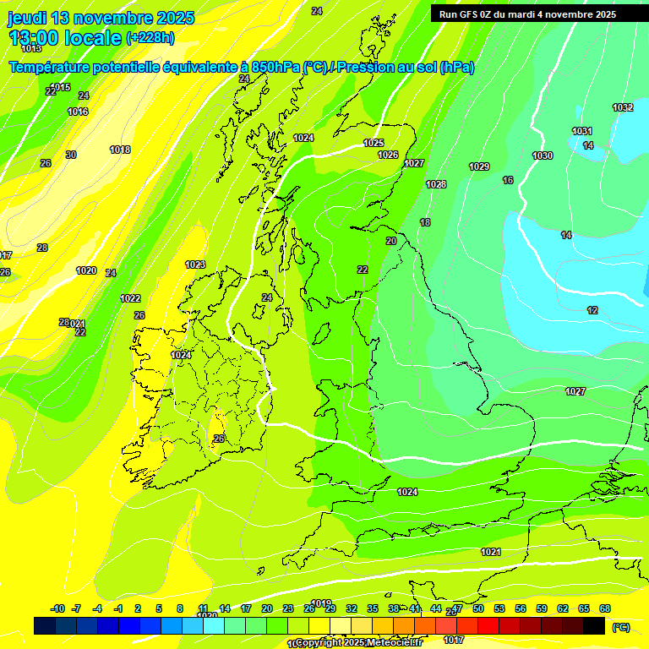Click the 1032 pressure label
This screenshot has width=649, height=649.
point(623,107)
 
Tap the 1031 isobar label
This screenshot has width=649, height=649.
point(582,131)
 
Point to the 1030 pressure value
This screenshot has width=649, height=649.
point(543,155)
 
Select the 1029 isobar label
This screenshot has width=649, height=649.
point(479,166)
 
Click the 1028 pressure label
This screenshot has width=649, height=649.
point(436,184)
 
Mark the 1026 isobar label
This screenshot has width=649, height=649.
point(388,155)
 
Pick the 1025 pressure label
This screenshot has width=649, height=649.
point(374,143)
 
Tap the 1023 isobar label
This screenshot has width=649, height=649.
point(195,265)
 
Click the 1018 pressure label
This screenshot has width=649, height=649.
point(120,150)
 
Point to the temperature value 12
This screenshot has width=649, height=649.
point(592,310)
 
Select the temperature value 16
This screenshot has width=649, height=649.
point(508,180)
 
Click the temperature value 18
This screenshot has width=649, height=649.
point(425,222)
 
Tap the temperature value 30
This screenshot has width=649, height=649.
point(71,155)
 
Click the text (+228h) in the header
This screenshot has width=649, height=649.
point(150,37)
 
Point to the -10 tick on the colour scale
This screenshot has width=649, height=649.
point(57,608)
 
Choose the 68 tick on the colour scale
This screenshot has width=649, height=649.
point(605,608)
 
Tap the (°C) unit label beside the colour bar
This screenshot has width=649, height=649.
point(621,627)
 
